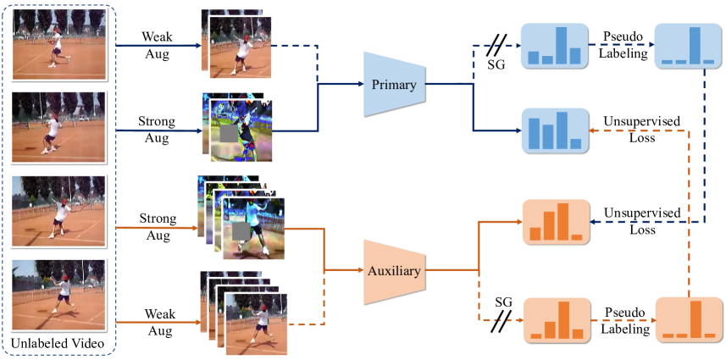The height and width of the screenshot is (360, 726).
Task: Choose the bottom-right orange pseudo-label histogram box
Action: coord(688,319)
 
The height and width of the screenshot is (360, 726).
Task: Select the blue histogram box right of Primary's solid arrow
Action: coord(554,130)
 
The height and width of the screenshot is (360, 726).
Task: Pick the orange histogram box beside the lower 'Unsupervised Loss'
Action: coord(556,221)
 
